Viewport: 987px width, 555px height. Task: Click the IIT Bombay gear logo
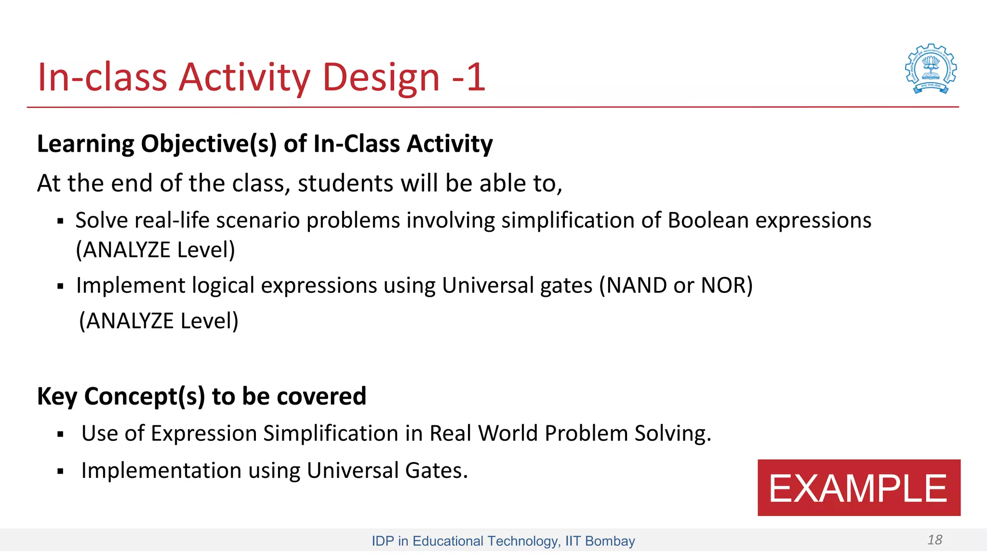pyautogui.click(x=931, y=69)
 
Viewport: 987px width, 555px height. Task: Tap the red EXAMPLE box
pyautogui.click(x=858, y=488)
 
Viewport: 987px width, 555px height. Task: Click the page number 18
pyautogui.click(x=934, y=540)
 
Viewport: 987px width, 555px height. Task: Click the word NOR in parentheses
pyautogui.click(x=723, y=285)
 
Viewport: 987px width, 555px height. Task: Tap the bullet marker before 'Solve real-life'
pyautogui.click(x=60, y=222)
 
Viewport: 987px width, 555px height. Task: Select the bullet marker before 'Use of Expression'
pyautogui.click(x=60, y=435)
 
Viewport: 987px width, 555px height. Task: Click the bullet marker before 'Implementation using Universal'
pyautogui.click(x=60, y=472)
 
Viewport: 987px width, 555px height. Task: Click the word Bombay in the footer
pyautogui.click(x=610, y=541)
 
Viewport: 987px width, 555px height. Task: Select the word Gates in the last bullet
pyautogui.click(x=436, y=471)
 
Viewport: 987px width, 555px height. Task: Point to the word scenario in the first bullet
pyautogui.click(x=258, y=221)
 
